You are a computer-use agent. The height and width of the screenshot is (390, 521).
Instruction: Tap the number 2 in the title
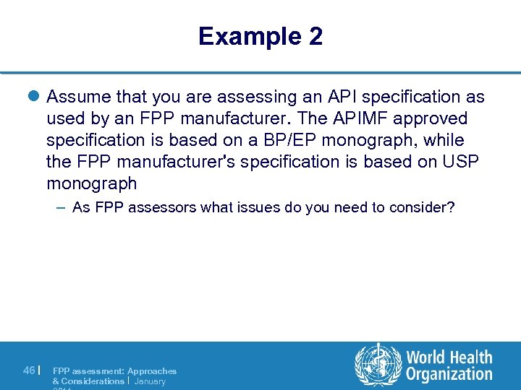point(315,36)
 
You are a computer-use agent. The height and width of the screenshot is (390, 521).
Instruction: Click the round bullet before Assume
point(36,97)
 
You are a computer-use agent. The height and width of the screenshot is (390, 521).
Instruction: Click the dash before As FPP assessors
point(61,208)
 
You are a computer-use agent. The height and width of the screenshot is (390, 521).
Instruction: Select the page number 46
point(29,370)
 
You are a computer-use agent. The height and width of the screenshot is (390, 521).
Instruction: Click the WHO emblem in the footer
point(377,365)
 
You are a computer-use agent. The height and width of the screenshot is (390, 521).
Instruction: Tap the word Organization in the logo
point(449,374)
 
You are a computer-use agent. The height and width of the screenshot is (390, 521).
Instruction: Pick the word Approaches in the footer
point(152,370)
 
